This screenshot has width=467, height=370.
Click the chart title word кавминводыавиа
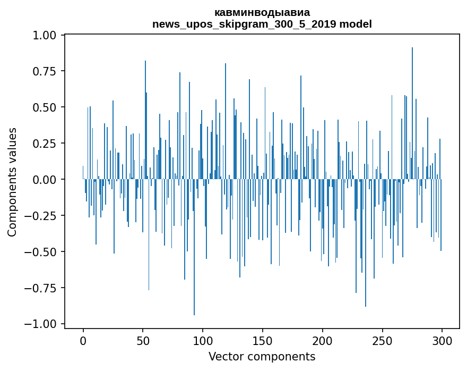click(x=262, y=12)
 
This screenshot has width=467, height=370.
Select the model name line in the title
click(x=262, y=24)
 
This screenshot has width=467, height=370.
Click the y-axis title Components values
click(x=12, y=182)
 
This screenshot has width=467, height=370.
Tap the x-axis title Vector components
click(x=262, y=357)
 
